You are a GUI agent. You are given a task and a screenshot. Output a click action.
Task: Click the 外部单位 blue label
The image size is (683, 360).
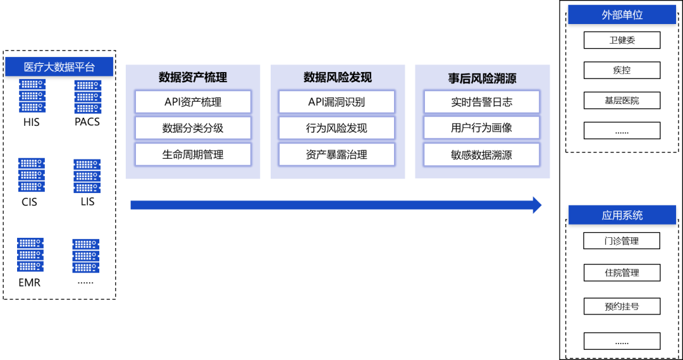pyautogui.click(x=622, y=15)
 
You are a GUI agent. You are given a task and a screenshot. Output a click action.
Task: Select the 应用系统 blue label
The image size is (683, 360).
pyautogui.click(x=622, y=215)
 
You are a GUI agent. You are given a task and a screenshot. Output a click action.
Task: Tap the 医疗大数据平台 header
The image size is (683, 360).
pyautogui.click(x=59, y=67)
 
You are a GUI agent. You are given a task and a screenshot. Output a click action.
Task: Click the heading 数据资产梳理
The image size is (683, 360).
pyautogui.click(x=193, y=78)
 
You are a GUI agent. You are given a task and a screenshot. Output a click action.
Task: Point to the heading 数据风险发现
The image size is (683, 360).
pyautogui.click(x=337, y=78)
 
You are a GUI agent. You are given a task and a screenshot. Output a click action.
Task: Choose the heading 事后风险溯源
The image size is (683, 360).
pyautogui.click(x=482, y=78)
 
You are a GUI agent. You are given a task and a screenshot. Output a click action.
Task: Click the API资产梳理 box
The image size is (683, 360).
pyautogui.click(x=193, y=102)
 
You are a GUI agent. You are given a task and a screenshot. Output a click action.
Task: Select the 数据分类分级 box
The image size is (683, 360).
pyautogui.click(x=193, y=128)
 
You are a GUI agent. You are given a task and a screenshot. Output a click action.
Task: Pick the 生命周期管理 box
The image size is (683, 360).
pyautogui.click(x=193, y=154)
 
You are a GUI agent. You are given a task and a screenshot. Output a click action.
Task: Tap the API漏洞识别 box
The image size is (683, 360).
pyautogui.click(x=336, y=102)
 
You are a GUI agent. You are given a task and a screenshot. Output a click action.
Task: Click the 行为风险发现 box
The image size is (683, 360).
pyautogui.click(x=336, y=128)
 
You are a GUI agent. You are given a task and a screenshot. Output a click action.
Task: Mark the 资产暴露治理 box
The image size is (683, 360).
pyautogui.click(x=336, y=154)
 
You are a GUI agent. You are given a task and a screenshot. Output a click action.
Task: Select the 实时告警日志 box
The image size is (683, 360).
pyautogui.click(x=481, y=102)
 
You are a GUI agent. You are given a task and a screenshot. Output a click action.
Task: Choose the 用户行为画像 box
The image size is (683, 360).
pyautogui.click(x=481, y=128)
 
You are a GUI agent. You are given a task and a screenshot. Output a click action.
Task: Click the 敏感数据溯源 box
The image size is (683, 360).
pyautogui.click(x=481, y=154)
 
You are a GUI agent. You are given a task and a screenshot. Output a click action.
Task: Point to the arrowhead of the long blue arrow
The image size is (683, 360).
pyautogui.click(x=538, y=205)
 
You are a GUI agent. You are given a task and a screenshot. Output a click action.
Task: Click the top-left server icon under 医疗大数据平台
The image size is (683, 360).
pyautogui.click(x=32, y=96)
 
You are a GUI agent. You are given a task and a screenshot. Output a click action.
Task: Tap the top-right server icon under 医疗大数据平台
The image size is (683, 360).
pyautogui.click(x=87, y=97)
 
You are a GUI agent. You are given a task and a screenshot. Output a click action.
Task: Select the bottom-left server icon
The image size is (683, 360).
pyautogui.click(x=30, y=255)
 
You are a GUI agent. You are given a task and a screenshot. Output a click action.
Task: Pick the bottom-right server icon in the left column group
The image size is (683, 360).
pyautogui.click(x=86, y=256)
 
